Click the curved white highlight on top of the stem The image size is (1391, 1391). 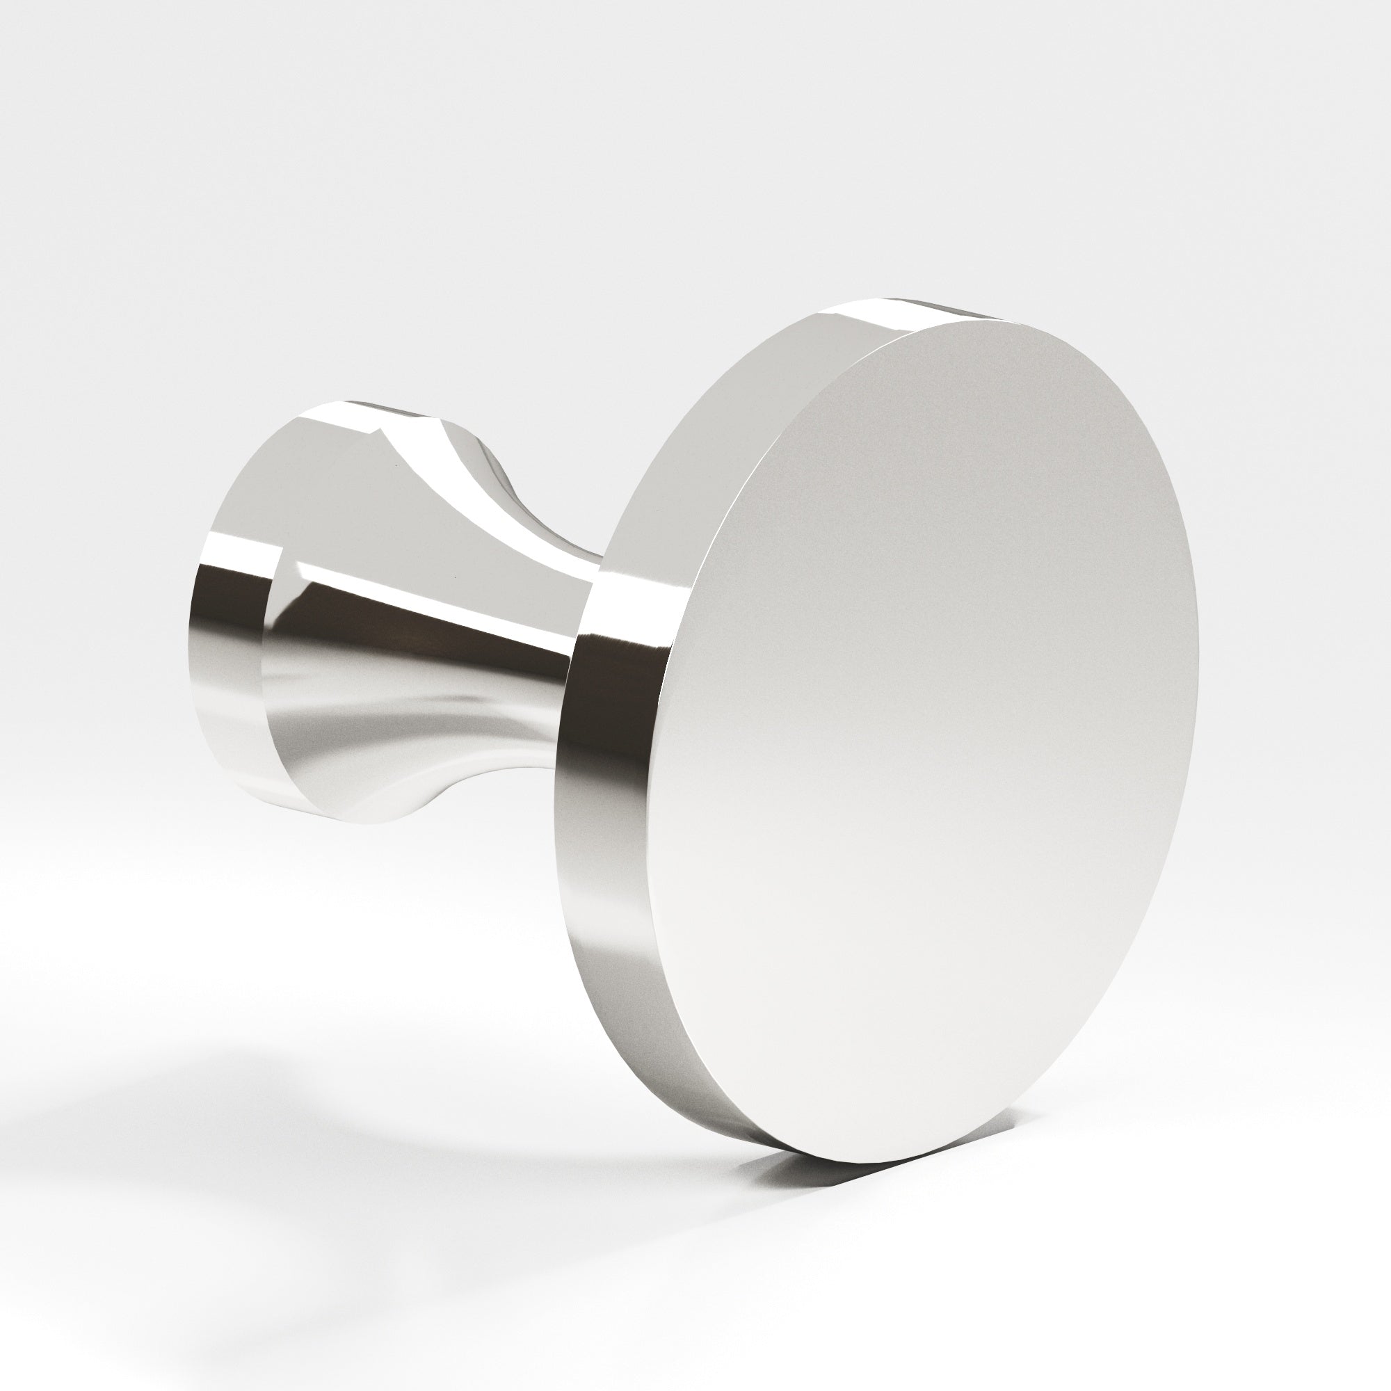point(432,461)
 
